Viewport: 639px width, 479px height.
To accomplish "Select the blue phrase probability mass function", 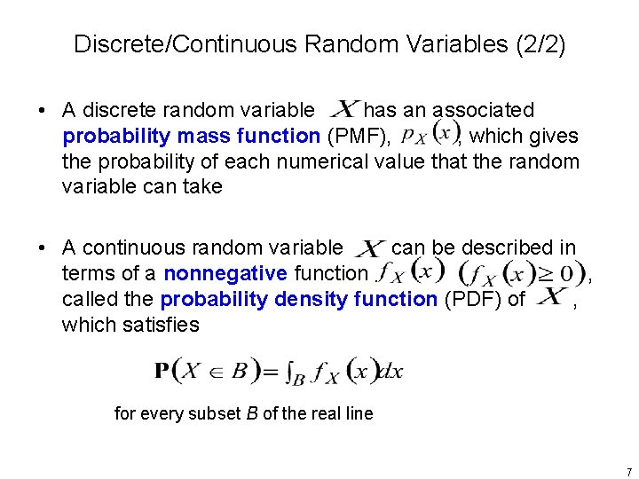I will point(191,137).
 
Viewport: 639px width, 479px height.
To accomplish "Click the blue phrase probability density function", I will point(299,300).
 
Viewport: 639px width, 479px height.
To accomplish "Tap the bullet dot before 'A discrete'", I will point(42,111).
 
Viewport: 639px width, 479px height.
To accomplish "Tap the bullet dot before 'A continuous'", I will point(42,248).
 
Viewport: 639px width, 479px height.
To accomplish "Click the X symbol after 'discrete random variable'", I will point(343,109).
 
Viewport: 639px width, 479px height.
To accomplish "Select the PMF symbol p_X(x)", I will point(430,136).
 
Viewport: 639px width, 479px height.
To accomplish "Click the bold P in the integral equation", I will point(163,371).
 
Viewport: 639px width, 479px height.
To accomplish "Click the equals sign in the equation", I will point(268,372).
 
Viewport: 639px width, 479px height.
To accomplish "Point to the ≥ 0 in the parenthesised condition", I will point(565,272).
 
